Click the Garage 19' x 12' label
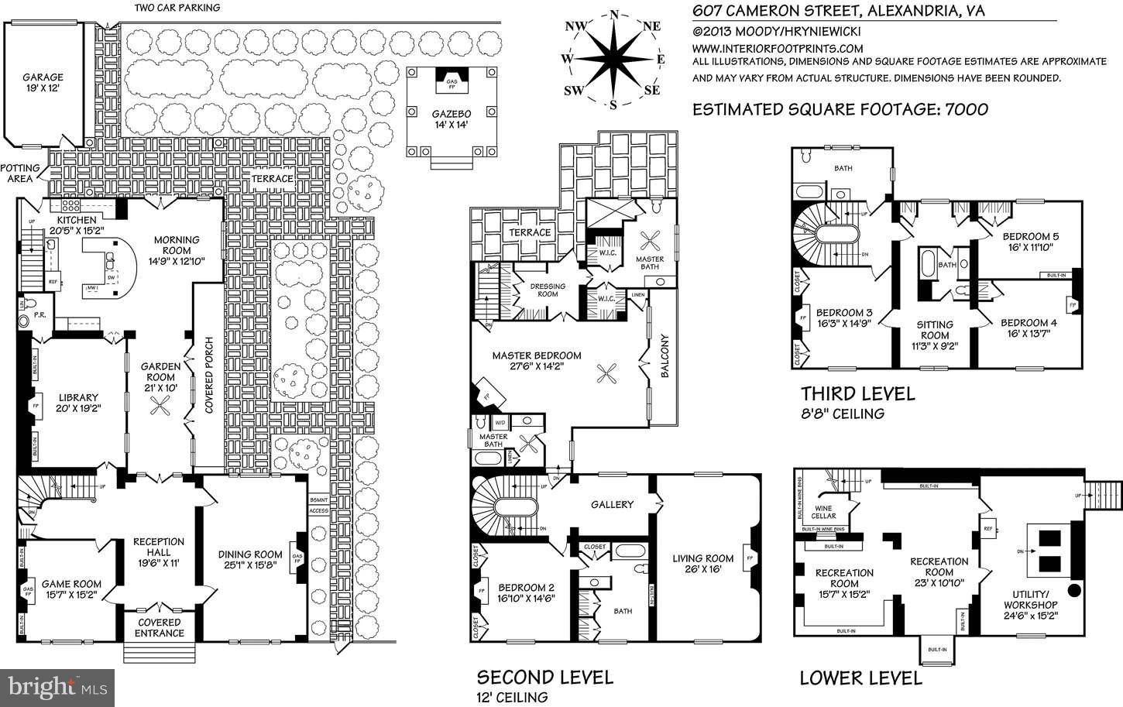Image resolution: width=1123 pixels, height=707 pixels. [x=43, y=83]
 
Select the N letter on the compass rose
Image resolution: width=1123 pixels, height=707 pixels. [x=614, y=14]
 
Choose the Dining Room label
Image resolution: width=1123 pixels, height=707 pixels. [x=250, y=560]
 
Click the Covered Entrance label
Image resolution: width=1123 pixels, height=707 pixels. [x=160, y=627]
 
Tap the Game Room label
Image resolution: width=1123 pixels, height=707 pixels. [x=71, y=590]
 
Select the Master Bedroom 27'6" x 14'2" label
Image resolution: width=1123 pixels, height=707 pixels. [x=537, y=362]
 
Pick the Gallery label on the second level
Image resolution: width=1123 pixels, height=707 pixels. [x=613, y=504]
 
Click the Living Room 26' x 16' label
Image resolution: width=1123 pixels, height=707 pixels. [x=702, y=564]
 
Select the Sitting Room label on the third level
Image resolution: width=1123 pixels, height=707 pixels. [x=934, y=330]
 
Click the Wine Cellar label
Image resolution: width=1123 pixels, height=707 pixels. [x=823, y=511]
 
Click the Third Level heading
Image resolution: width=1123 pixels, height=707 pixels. [x=857, y=393]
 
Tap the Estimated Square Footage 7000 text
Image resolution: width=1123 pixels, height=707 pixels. [x=840, y=109]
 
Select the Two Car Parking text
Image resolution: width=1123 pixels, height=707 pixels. [x=177, y=8]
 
